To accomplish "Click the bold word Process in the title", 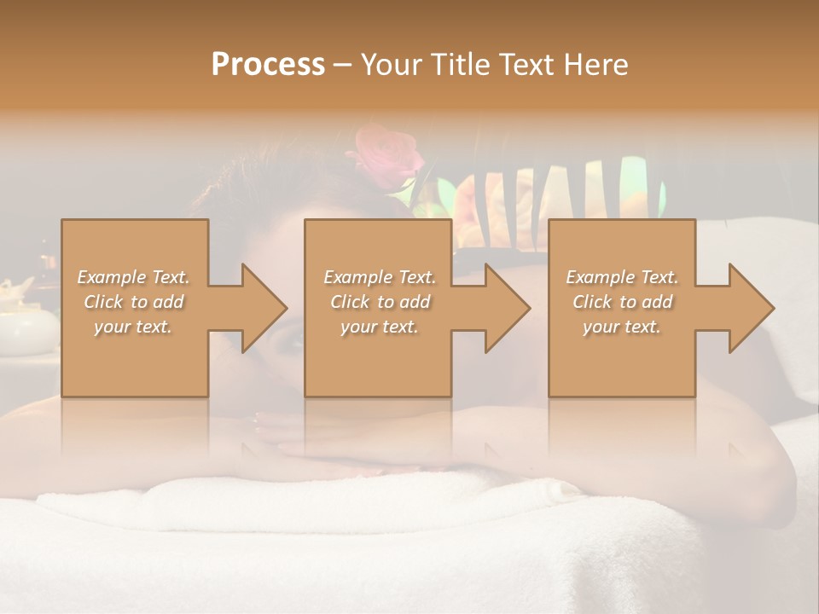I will click(268, 64).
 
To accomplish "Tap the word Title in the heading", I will click(457, 64).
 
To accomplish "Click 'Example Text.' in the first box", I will click(133, 277).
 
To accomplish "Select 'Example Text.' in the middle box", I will click(380, 277).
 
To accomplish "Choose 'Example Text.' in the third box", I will click(622, 277).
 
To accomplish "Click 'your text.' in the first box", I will click(133, 327).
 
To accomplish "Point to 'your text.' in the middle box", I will click(380, 327).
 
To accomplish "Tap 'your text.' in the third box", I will click(622, 327).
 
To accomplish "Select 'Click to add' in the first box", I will click(133, 302).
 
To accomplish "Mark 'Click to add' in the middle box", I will click(380, 302).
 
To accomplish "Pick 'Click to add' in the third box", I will click(622, 302).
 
